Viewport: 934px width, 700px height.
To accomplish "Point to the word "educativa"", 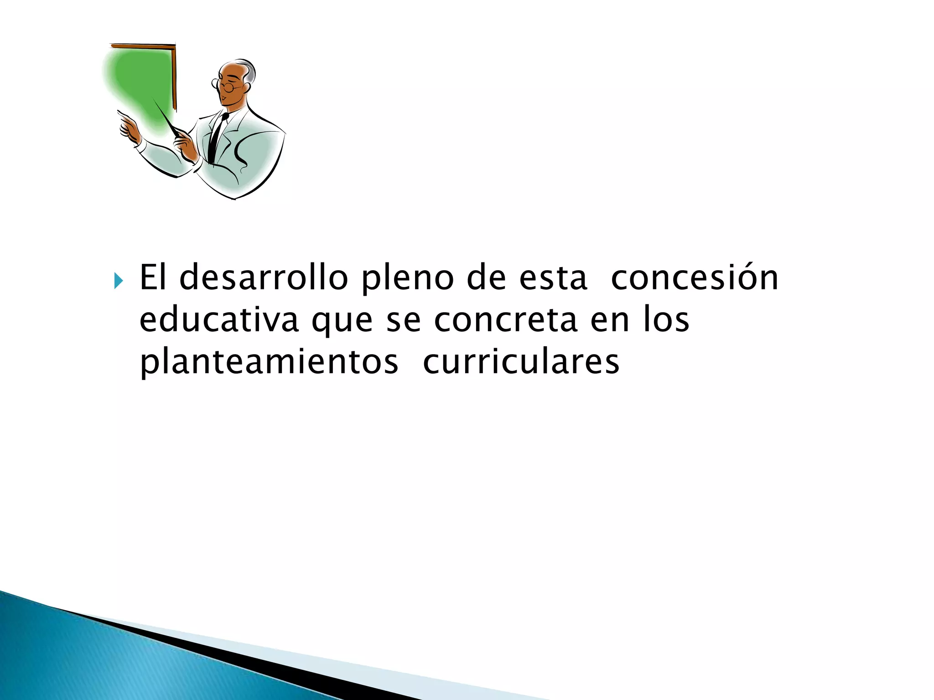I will [x=219, y=320].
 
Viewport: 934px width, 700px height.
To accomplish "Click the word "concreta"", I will [x=506, y=320].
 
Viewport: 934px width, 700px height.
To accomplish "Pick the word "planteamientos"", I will [x=269, y=363].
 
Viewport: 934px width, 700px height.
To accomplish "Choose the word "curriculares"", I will [x=521, y=362].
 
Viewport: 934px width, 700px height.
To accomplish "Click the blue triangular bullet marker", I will [x=119, y=281].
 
